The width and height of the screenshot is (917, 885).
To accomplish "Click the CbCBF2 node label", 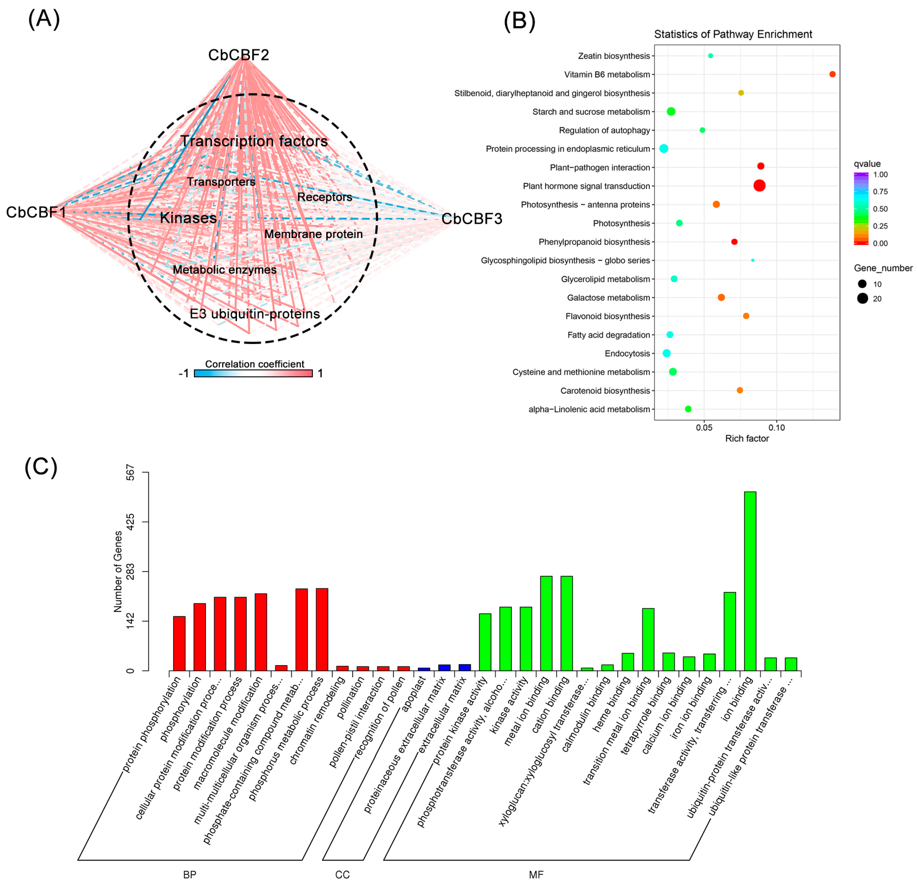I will (x=239, y=55).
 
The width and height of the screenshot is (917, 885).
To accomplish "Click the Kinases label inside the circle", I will (x=188, y=218).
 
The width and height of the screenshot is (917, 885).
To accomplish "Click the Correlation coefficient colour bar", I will (x=253, y=373).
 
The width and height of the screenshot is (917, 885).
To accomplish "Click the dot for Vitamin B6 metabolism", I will (x=832, y=74).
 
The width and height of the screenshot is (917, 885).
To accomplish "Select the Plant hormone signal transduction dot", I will (x=759, y=186).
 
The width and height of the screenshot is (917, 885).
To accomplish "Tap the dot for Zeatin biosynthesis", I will (x=711, y=56).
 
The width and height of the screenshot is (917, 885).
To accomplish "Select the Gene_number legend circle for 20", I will (x=862, y=298).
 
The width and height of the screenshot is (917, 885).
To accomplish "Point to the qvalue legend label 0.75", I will (x=880, y=192).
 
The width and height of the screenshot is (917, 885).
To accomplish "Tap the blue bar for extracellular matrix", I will (x=465, y=667).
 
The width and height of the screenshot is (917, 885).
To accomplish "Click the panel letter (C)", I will (x=41, y=467).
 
